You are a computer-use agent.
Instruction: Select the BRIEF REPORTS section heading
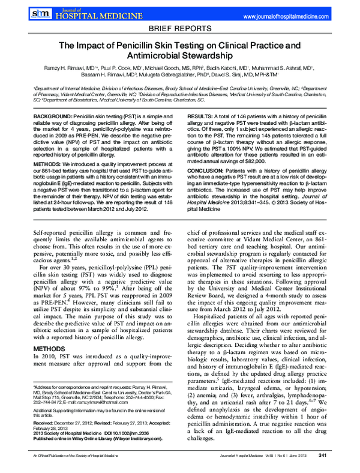180,28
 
